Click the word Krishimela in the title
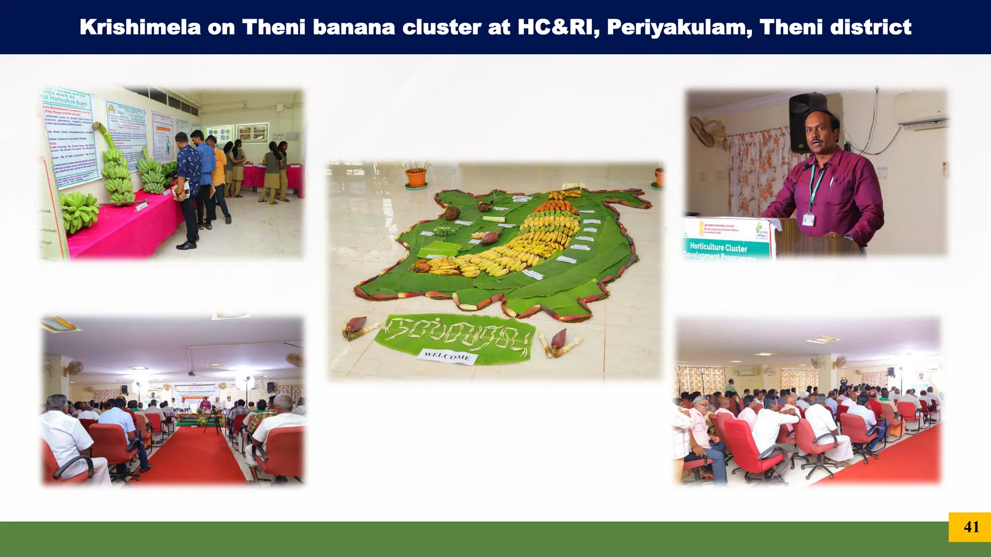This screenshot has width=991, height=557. pos(140,27)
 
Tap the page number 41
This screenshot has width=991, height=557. pos(971,527)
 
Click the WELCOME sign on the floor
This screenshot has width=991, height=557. pos(448,356)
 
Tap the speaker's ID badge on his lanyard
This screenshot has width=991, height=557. pos(808,220)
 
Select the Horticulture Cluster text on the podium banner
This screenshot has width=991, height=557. pos(718,247)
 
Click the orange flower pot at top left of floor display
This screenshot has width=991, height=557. pos(416,177)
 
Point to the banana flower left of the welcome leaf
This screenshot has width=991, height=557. pos(356,326)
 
